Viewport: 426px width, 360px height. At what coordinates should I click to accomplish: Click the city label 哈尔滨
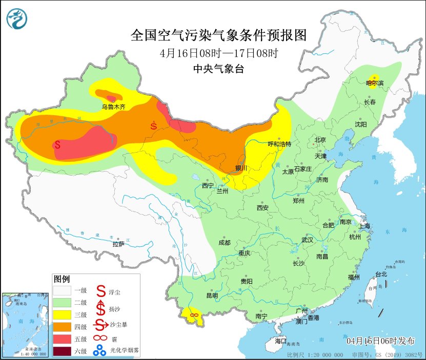[375, 82]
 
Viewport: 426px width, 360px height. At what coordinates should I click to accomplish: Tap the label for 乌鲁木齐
[113, 107]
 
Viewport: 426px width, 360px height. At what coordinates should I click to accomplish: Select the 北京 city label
[320, 139]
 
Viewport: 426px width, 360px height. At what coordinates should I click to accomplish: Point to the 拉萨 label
[118, 244]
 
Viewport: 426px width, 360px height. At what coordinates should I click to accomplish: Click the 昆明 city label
[212, 295]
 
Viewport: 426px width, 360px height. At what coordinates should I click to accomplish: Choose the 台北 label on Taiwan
[381, 274]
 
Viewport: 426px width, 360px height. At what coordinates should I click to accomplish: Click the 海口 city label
[280, 341]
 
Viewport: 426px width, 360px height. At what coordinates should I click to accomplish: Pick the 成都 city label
[224, 243]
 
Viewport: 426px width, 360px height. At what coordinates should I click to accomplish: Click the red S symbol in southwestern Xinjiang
[57, 145]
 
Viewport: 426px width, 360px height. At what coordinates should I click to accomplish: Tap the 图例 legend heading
[62, 279]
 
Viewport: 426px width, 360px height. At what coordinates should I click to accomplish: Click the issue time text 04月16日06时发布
[381, 341]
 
